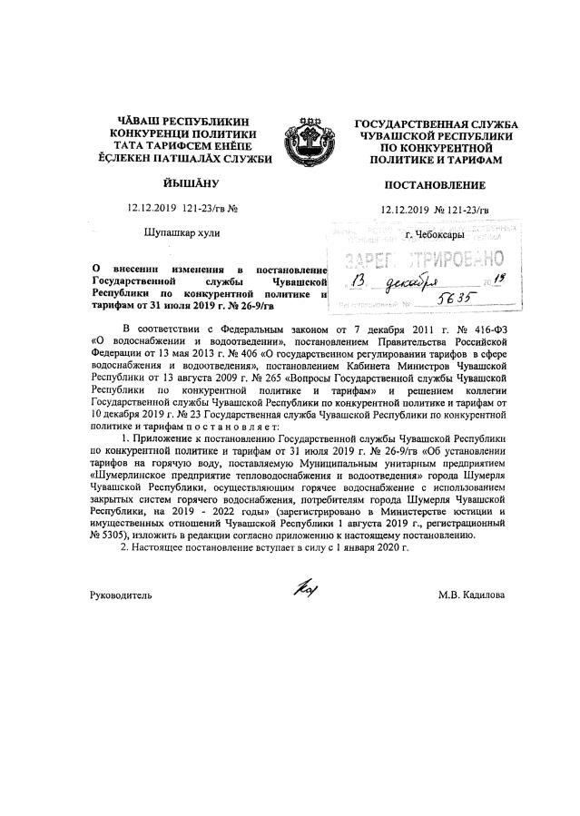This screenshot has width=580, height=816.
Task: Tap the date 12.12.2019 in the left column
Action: click(x=154, y=209)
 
